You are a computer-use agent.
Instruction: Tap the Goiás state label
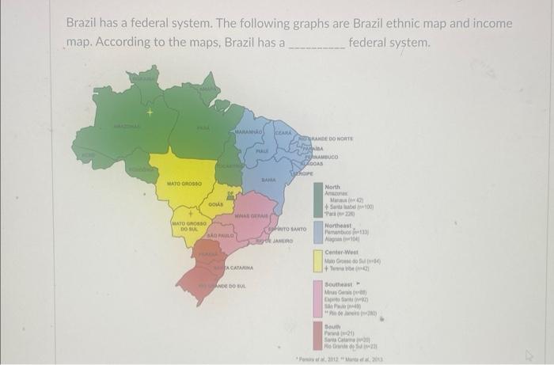point(215,205)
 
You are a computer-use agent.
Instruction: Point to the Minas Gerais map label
point(252,215)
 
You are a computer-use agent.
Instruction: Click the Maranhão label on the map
point(249,131)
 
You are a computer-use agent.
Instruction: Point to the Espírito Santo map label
point(288,228)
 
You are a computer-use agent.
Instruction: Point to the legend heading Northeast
point(341,225)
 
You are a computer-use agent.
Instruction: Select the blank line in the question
point(317,46)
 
